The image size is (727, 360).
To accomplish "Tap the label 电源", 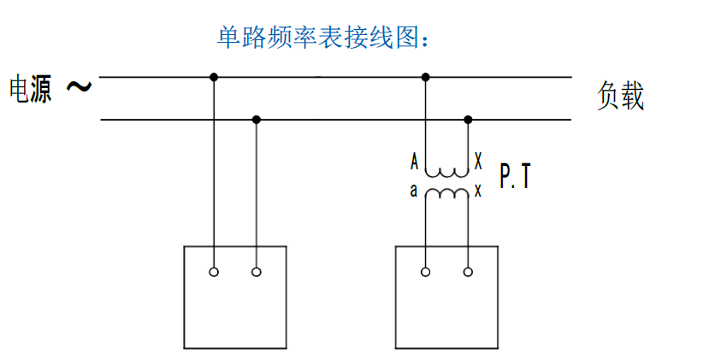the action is [31, 90].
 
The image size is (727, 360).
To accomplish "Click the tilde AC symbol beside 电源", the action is [79, 86].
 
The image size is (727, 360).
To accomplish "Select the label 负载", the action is [620, 96].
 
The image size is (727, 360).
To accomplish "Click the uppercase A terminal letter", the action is [415, 162].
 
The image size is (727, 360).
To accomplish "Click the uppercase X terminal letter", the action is [478, 162].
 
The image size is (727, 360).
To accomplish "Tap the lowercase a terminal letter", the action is [414, 191].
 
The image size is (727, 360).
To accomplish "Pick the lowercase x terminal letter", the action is [478, 191].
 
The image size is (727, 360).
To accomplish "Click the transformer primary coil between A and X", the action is [447, 173].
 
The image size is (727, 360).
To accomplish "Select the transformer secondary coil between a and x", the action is [447, 192].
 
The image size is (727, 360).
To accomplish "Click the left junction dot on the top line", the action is [214, 77].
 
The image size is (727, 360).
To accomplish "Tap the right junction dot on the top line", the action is [426, 77].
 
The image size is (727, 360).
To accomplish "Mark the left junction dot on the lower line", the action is [257, 120].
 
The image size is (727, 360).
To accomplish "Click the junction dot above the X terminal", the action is [469, 120].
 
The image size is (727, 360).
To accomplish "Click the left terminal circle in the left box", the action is [214, 272].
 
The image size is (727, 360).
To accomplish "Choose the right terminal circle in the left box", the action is [257, 272].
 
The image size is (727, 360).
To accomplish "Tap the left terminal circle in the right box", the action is [426, 272].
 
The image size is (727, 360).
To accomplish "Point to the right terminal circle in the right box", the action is [469, 272].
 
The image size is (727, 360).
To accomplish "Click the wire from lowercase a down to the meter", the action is [426, 233].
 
